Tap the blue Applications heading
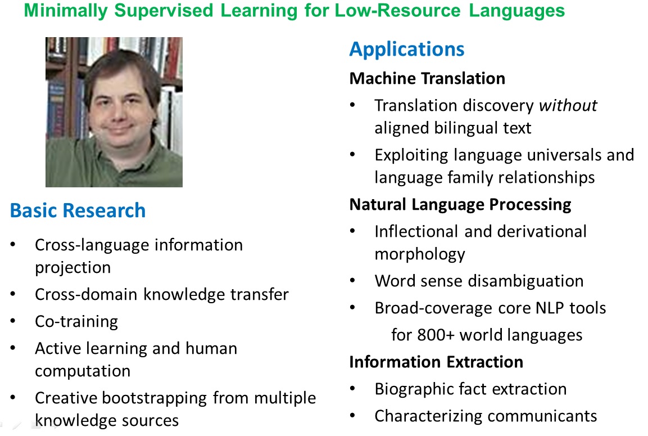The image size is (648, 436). (x=407, y=50)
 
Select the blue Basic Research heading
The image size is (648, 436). (x=78, y=210)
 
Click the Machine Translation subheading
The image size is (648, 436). (x=427, y=78)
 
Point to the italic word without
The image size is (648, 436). (x=568, y=106)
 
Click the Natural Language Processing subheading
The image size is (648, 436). (x=460, y=204)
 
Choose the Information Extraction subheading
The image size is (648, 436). (x=437, y=362)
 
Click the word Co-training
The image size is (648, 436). (x=76, y=322)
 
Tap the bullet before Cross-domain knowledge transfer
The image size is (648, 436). (x=13, y=294)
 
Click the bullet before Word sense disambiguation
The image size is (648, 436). (x=352, y=281)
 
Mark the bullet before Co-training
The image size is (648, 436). (x=13, y=321)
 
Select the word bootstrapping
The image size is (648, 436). (x=155, y=398)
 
